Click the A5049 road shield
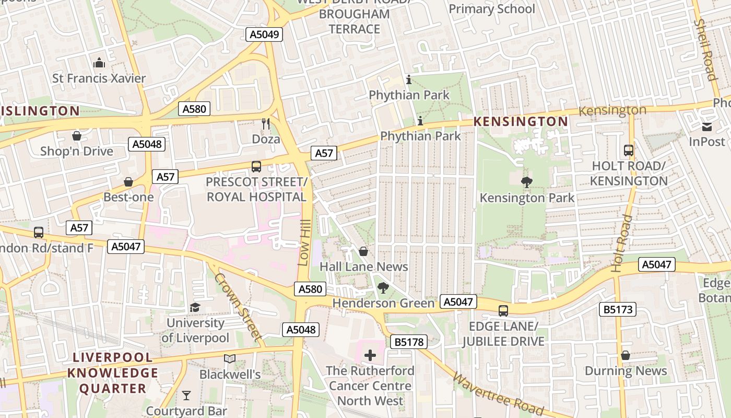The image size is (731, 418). click(264, 34)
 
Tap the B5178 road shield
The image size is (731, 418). click(408, 342)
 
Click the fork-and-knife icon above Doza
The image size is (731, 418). click(266, 124)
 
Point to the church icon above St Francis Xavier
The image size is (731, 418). click(99, 63)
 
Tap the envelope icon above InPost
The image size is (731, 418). click(707, 126)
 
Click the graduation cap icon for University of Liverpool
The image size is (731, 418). click(195, 307)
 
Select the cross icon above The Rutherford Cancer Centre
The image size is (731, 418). click(370, 356)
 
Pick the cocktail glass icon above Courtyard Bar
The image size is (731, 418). click(186, 395)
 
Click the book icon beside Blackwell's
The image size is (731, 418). click(230, 358)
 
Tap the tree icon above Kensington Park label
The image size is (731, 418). click(527, 182)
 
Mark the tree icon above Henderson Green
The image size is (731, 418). click(383, 287)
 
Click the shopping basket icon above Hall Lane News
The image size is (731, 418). click(363, 251)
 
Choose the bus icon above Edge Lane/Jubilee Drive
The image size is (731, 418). click(503, 311)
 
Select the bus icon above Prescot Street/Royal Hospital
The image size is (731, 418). click(256, 167)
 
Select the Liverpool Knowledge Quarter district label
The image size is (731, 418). click(112, 373)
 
